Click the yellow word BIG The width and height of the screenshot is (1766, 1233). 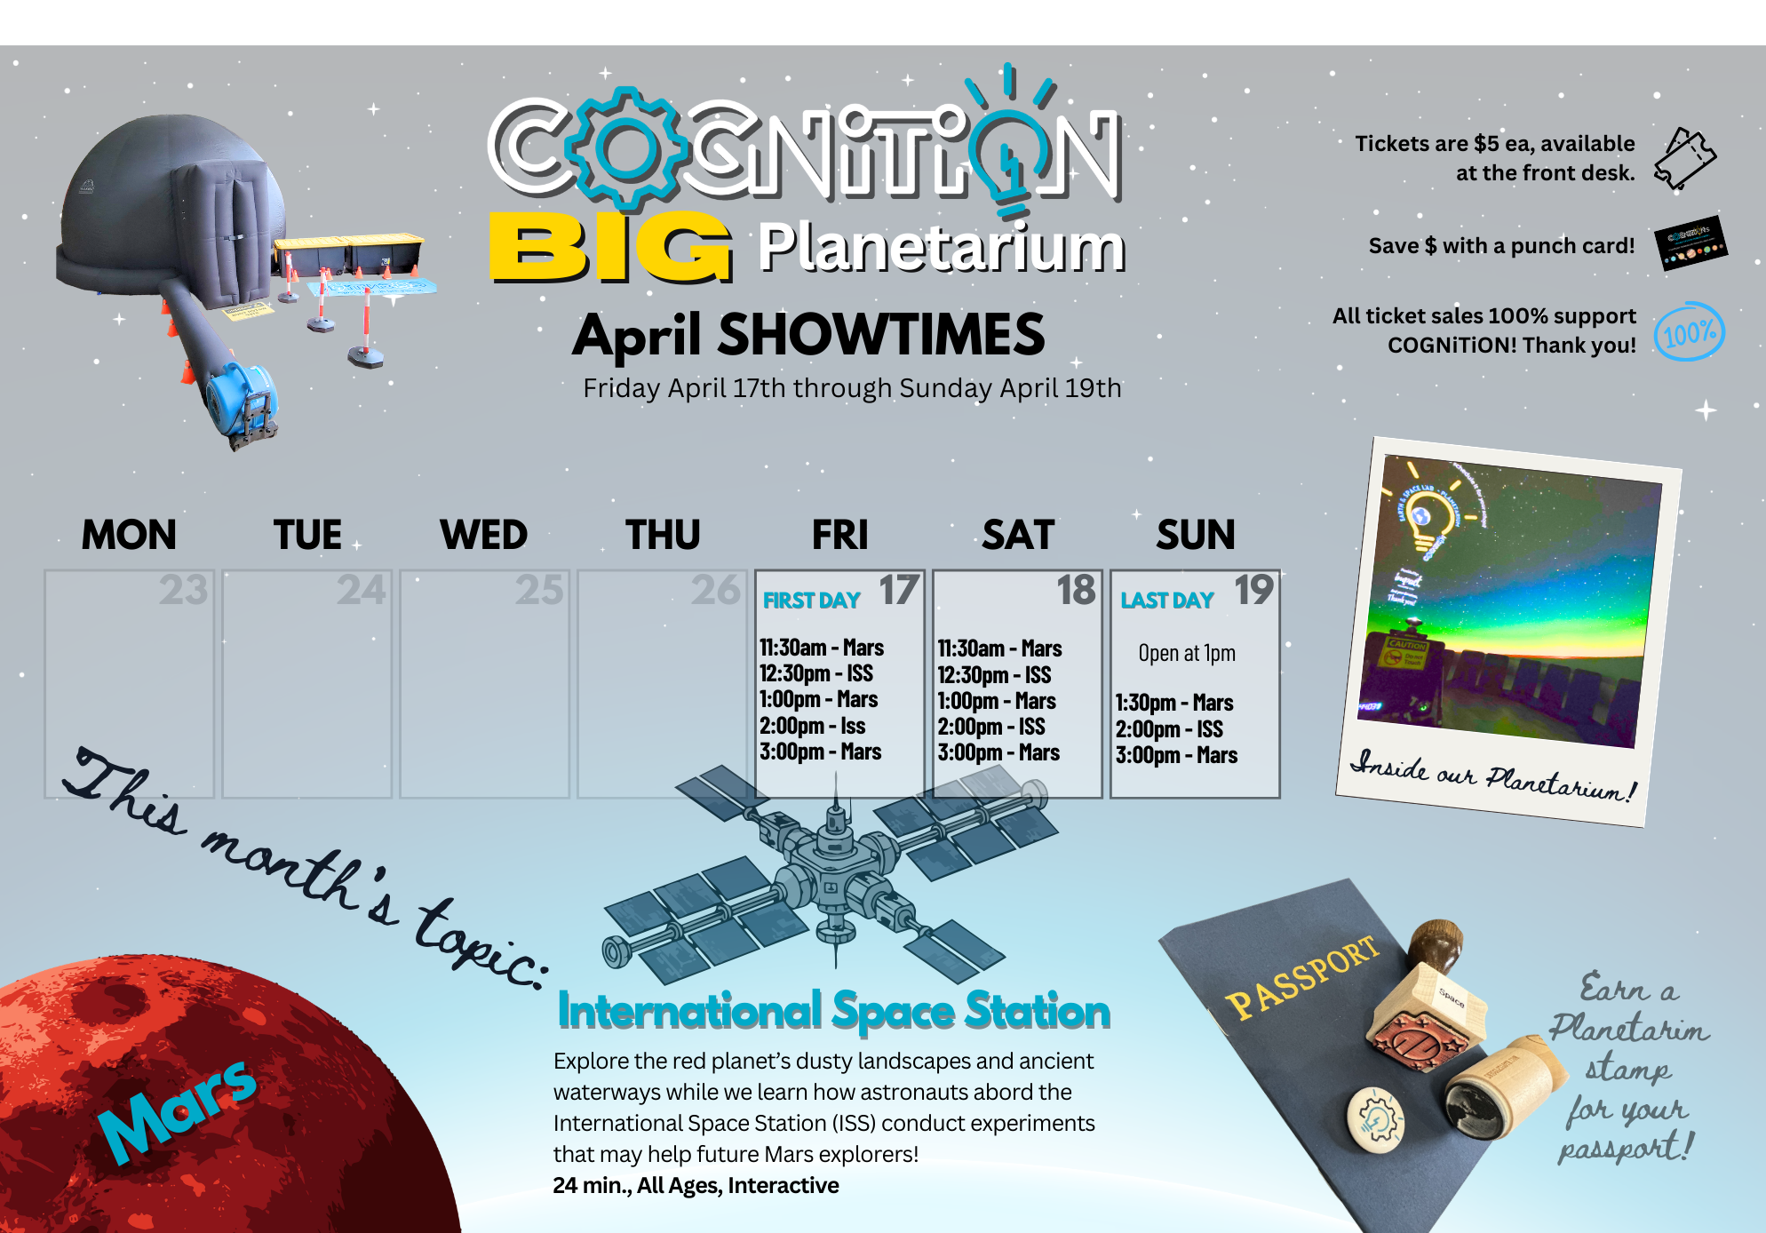pos(610,248)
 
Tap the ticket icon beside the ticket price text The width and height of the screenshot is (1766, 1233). pos(1684,158)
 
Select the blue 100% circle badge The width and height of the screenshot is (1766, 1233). pos(1689,332)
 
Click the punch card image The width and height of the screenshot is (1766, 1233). pos(1690,243)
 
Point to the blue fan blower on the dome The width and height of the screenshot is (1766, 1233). pos(241,400)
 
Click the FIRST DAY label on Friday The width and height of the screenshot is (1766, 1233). pos(811,601)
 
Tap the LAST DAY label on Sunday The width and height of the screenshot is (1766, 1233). pos(1166,601)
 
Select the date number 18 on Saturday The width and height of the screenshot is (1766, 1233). pos(1076,590)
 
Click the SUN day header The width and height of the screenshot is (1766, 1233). pos(1195,535)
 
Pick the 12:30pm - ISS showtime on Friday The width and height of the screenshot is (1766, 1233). pos(815,673)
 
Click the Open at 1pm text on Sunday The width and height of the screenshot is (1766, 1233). pos(1187,653)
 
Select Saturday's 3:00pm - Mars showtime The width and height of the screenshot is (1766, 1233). pos(998,752)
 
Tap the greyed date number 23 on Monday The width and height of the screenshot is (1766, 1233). pos(183,590)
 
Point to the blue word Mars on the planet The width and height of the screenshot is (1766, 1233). pos(177,1110)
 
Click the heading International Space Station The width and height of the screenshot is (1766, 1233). pos(833,1011)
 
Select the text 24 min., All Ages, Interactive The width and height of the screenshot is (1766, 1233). pos(696,1185)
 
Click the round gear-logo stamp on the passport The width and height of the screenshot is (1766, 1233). pos(1375,1118)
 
